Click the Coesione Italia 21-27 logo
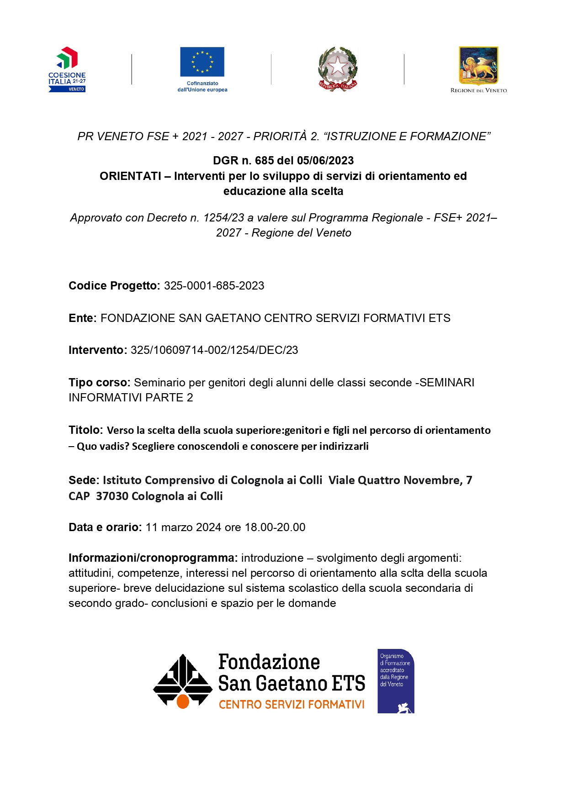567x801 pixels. point(67,69)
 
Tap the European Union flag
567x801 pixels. point(202,62)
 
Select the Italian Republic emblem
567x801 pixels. point(338,69)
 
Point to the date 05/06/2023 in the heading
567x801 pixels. point(325,161)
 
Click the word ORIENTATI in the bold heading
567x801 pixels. point(130,176)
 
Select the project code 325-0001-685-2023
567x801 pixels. point(214,286)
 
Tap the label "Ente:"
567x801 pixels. point(83,318)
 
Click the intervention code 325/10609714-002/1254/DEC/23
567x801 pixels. point(214,350)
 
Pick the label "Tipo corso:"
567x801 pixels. point(100,383)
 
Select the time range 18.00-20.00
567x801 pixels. point(275,527)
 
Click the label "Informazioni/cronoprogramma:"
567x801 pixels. point(153,558)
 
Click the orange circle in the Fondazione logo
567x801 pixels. point(183,701)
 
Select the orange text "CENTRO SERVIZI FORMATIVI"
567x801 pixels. point(291,705)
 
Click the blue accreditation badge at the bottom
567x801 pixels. point(395,680)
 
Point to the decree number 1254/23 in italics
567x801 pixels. point(224,218)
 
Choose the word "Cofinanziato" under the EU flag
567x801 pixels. point(202,84)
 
